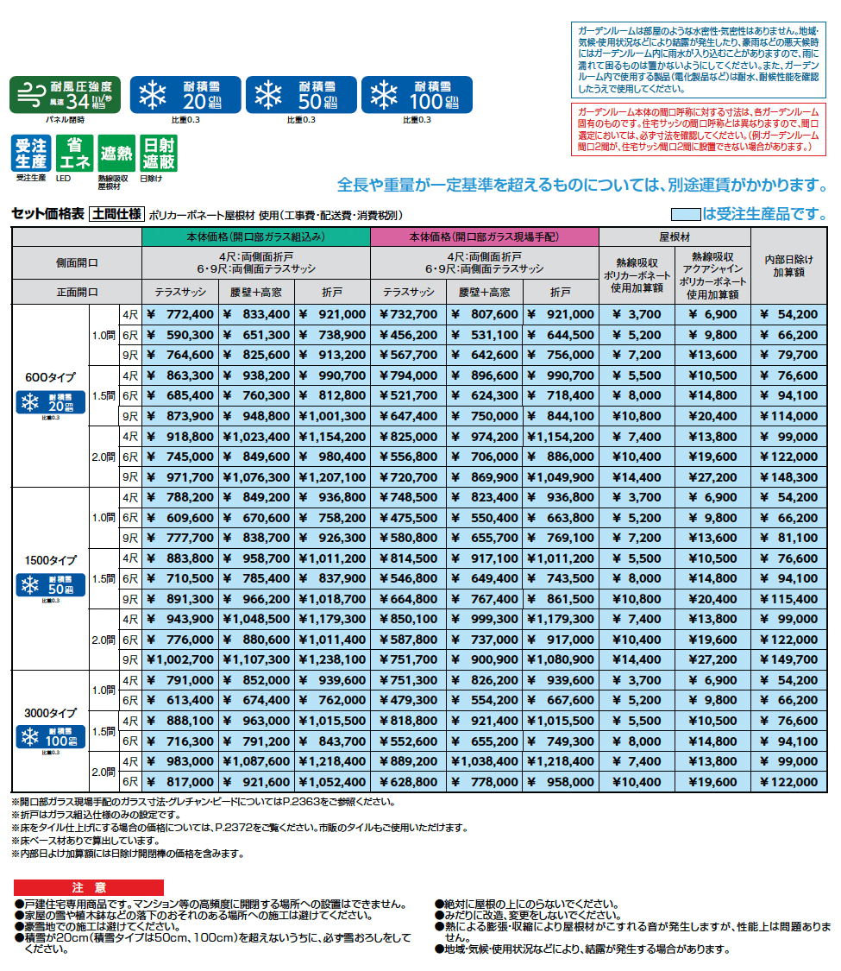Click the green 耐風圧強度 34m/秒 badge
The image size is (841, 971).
[66, 95]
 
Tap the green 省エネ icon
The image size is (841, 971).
[74, 154]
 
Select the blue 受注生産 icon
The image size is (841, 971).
[31, 154]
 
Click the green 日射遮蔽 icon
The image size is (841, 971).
[159, 154]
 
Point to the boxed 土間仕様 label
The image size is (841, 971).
[116, 214]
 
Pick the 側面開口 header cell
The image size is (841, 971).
[76, 262]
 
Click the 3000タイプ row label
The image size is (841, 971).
[51, 714]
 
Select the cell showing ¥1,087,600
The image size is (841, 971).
[256, 762]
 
